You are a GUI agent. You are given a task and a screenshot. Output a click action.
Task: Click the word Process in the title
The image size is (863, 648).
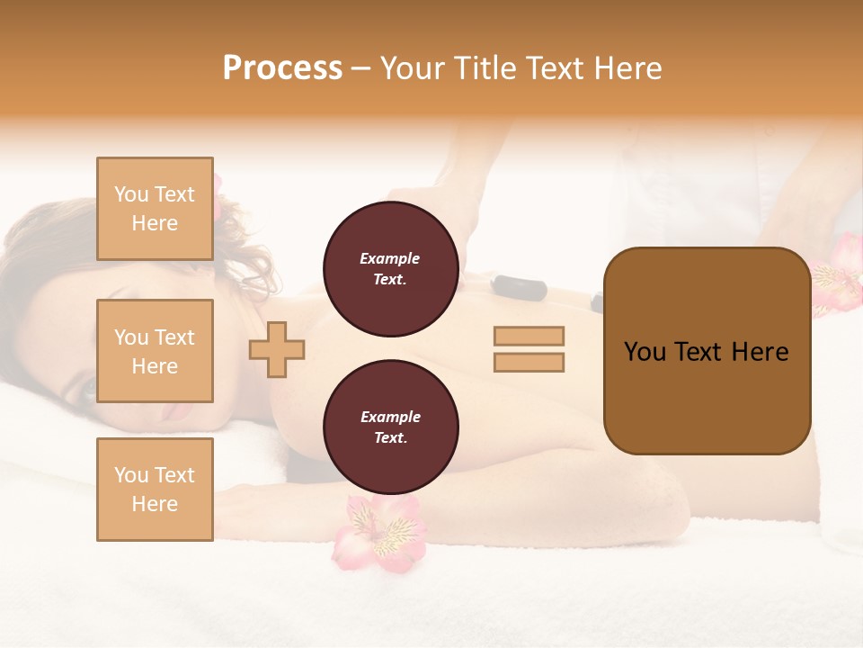pyautogui.click(x=282, y=68)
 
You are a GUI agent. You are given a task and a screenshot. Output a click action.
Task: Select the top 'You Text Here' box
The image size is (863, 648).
pyautogui.click(x=155, y=209)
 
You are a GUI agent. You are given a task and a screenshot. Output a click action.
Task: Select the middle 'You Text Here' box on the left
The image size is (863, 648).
pyautogui.click(x=155, y=351)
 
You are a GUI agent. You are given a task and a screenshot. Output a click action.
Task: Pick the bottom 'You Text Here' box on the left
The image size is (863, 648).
pyautogui.click(x=155, y=489)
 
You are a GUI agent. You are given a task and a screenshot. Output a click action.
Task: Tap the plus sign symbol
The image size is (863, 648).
pyautogui.click(x=277, y=349)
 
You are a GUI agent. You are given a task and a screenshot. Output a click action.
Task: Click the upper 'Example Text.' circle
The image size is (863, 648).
pyautogui.click(x=390, y=269)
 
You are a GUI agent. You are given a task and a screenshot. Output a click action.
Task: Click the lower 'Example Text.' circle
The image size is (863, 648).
pyautogui.click(x=390, y=427)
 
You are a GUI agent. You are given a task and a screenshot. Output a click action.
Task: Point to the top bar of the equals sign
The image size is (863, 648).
pyautogui.click(x=529, y=336)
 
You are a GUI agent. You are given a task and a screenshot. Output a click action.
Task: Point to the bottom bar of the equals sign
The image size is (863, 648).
pyautogui.click(x=529, y=362)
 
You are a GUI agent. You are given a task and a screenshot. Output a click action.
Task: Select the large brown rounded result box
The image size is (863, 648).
pyautogui.click(x=707, y=351)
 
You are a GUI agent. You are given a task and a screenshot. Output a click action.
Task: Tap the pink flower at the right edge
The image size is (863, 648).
pyautogui.click(x=838, y=274)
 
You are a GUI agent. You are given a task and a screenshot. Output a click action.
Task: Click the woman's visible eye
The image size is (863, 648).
pyautogui.click(x=88, y=389)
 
